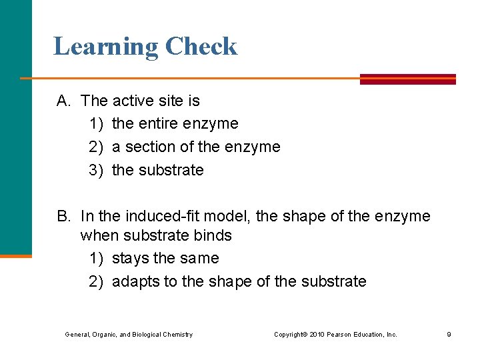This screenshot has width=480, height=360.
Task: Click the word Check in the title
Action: [x=201, y=47]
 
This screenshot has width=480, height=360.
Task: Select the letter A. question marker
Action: [x=64, y=101]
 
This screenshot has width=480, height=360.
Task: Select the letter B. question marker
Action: [x=64, y=216]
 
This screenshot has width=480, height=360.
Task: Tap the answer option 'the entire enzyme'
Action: [x=175, y=123]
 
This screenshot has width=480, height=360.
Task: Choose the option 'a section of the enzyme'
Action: [x=196, y=147]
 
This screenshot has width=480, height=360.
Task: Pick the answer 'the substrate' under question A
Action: [x=158, y=170]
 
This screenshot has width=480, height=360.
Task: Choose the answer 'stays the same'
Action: [x=165, y=258]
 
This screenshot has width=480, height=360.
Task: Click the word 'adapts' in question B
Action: [x=135, y=281]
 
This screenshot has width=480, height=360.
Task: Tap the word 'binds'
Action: [x=215, y=235]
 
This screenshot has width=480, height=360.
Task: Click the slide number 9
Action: [x=449, y=335]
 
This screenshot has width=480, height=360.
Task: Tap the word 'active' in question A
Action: [x=134, y=101]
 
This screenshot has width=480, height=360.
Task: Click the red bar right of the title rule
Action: [x=407, y=79]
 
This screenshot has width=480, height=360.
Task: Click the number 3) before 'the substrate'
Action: [x=97, y=170]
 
